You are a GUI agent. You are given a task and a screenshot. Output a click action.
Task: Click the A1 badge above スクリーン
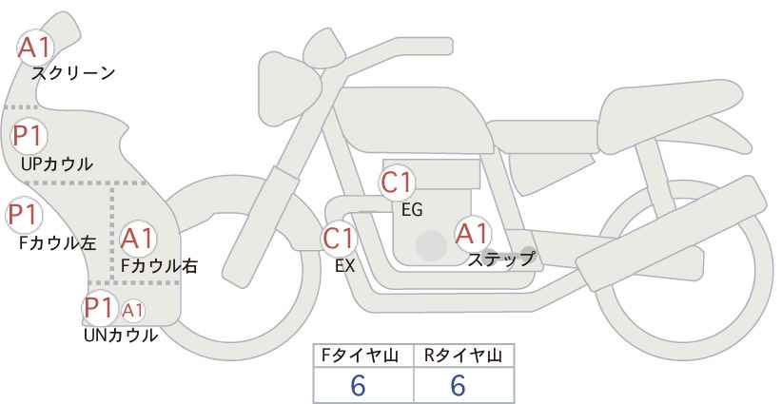(x=35, y=48)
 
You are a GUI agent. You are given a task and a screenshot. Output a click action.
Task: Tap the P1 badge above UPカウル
(x=29, y=136)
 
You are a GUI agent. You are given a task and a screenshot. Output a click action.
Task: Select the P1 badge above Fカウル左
(x=25, y=215)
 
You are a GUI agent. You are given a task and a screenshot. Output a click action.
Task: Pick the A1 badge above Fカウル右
(x=138, y=238)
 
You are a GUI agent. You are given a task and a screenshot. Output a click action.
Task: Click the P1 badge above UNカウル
(x=100, y=307)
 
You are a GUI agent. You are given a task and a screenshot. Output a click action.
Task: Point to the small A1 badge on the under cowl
(x=132, y=311)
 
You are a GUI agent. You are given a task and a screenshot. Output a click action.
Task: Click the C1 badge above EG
(x=397, y=183)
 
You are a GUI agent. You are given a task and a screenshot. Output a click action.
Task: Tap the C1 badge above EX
(x=339, y=238)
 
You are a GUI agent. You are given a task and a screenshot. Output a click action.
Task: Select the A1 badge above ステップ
(x=473, y=233)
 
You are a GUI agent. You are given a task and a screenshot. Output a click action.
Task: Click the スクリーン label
(x=73, y=74)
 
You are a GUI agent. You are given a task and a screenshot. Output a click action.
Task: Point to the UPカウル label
(x=57, y=164)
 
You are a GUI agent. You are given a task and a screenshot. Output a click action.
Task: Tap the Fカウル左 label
(x=57, y=243)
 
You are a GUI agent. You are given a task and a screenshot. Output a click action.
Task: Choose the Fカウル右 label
(x=160, y=266)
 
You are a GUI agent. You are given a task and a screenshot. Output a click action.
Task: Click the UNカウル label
(x=121, y=336)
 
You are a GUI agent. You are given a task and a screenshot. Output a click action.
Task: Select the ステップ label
(x=501, y=260)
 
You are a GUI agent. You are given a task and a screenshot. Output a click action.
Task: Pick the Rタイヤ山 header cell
(x=464, y=356)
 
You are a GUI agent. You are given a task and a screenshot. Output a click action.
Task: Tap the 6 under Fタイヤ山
(x=358, y=385)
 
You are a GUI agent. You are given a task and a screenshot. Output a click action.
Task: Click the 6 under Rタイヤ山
(x=458, y=385)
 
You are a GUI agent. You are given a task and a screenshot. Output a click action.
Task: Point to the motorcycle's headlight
(x=289, y=88)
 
